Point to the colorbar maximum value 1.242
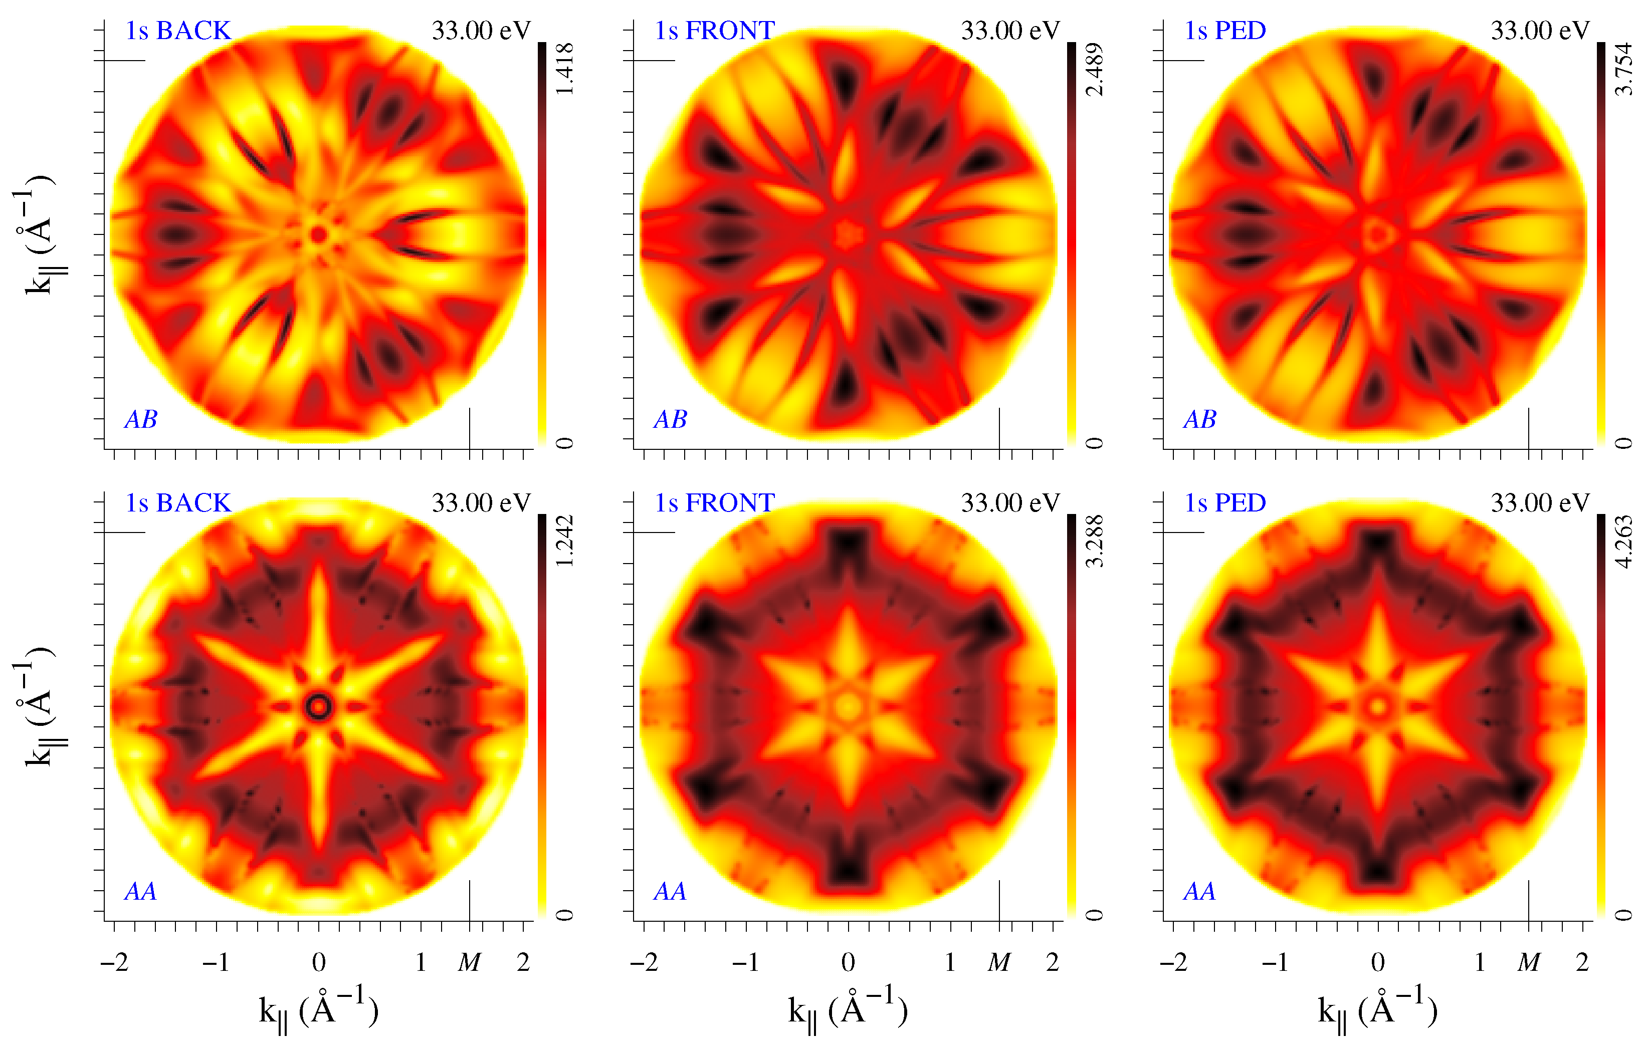(564, 541)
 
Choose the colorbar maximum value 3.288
(1094, 541)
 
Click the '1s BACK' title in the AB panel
(178, 31)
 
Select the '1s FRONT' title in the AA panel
(715, 503)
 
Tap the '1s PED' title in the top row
(1225, 31)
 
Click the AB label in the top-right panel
(1199, 419)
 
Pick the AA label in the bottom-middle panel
(670, 892)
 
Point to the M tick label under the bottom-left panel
(469, 963)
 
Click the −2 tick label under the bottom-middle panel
(644, 963)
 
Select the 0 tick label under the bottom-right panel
(1378, 963)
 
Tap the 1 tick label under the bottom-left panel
(421, 963)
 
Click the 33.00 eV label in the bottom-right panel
(1540, 503)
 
